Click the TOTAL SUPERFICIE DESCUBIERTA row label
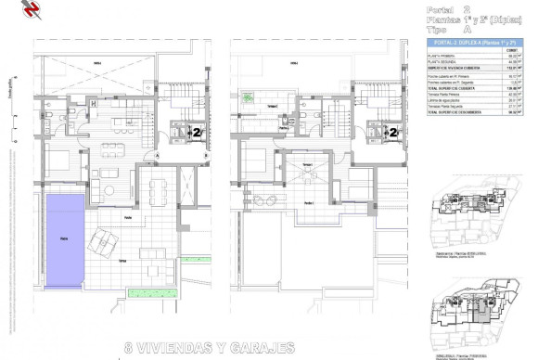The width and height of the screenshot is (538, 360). tap(455, 114)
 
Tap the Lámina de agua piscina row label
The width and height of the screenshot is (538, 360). tap(446, 99)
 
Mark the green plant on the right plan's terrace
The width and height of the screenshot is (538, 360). tap(248, 96)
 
